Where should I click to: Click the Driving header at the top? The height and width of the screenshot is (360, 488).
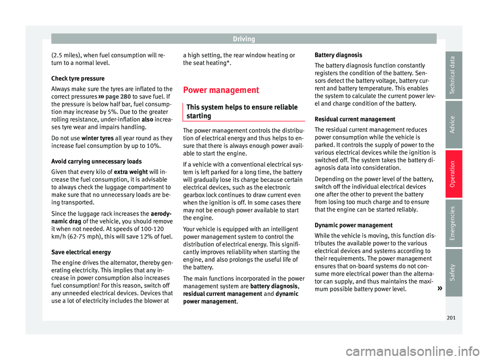[x=244, y=39]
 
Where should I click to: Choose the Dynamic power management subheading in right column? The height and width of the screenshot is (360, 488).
[x=354, y=225]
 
